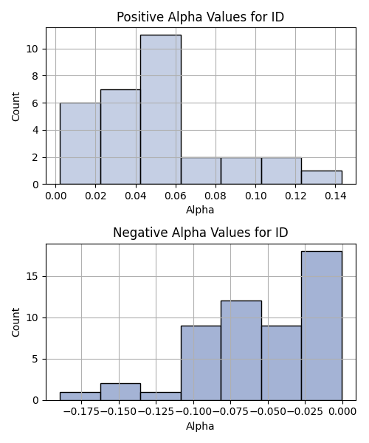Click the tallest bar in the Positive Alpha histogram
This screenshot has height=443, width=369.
tap(161, 109)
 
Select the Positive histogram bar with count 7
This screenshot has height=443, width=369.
tap(120, 137)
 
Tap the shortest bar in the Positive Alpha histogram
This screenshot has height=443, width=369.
tap(322, 177)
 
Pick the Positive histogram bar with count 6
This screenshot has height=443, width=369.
tap(80, 143)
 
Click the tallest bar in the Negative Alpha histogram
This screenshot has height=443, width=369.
tap(322, 326)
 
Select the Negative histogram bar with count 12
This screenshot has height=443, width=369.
tap(241, 351)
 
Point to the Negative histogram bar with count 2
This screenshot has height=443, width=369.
tap(120, 392)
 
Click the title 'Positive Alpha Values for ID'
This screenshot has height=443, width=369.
tap(200, 17)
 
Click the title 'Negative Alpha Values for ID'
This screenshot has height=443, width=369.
tap(201, 233)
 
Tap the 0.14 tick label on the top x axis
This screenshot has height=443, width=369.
tap(335, 196)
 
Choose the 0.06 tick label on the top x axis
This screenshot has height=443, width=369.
tap(176, 196)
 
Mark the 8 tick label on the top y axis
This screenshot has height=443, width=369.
tap(35, 76)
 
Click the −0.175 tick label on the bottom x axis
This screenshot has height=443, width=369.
tap(82, 412)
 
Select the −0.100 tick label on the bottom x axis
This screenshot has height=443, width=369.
tap(193, 412)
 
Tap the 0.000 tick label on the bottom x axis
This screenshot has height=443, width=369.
tap(342, 412)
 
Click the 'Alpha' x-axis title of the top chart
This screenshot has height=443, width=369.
tap(200, 210)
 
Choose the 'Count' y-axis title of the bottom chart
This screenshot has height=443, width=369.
tap(15, 323)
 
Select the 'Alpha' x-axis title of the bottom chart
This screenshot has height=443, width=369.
tap(200, 426)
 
